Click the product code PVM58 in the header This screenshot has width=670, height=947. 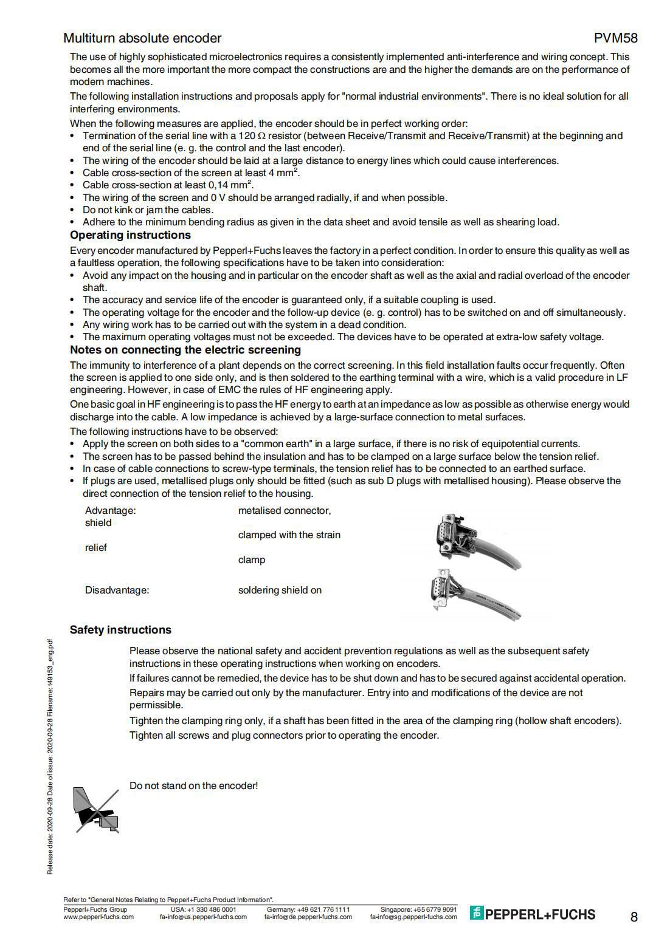pyautogui.click(x=615, y=38)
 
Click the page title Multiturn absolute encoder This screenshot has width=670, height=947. pyautogui.click(x=142, y=38)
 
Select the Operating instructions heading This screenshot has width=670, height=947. pyautogui.click(x=130, y=235)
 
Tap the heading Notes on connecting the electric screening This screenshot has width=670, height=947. pyautogui.click(x=185, y=350)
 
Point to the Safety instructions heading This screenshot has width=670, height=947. pyautogui.click(x=120, y=630)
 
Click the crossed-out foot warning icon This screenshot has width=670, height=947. pyautogui.click(x=95, y=810)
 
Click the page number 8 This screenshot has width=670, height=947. pyautogui.click(x=634, y=917)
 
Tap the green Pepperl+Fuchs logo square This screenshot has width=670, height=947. pyautogui.click(x=477, y=913)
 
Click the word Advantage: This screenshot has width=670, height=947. pyautogui.click(x=111, y=511)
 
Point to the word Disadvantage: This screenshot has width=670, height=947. pyautogui.click(x=117, y=590)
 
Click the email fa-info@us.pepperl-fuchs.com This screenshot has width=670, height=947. pyautogui.click(x=203, y=917)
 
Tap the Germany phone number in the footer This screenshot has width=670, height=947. pyautogui.click(x=308, y=909)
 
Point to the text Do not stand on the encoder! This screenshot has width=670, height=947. pyautogui.click(x=193, y=786)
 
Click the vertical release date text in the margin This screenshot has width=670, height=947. pyautogui.click(x=50, y=756)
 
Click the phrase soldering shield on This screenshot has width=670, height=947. pyautogui.click(x=280, y=590)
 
